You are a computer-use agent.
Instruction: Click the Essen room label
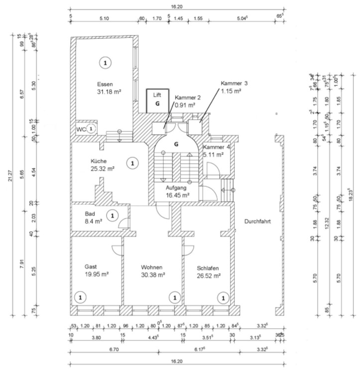click(105, 84)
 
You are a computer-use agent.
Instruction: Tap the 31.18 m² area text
click(110, 92)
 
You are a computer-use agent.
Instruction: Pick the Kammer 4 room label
click(217, 147)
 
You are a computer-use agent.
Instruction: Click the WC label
click(81, 129)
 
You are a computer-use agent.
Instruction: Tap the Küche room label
click(99, 161)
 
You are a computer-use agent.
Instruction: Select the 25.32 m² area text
click(103, 169)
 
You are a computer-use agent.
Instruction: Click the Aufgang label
click(177, 187)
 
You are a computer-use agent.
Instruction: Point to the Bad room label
click(90, 213)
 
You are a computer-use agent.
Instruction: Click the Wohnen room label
click(151, 267)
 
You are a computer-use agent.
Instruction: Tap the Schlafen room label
click(208, 268)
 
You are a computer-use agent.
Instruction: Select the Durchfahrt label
click(257, 222)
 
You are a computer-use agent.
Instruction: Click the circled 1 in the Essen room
click(105, 62)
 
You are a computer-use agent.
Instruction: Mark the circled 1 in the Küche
click(132, 163)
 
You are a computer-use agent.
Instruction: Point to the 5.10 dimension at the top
click(104, 18)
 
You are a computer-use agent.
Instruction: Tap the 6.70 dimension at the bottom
click(114, 350)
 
